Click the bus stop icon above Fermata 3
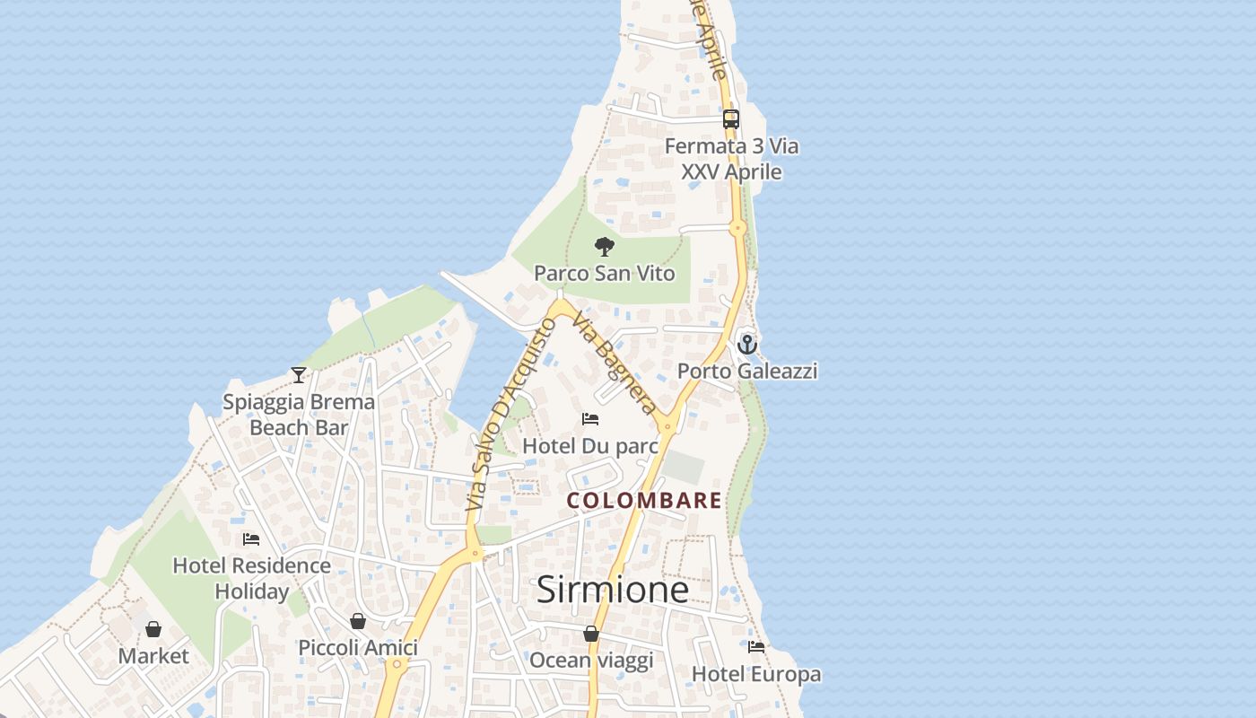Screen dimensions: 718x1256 tap(731, 118)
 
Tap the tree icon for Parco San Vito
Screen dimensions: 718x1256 tap(605, 246)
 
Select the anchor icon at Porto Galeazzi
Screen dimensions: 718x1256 tap(747, 344)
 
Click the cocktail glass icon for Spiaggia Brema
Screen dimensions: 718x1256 tap(299, 374)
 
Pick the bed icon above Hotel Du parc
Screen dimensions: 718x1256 tap(590, 419)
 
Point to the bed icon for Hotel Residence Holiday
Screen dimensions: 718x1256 tap(251, 539)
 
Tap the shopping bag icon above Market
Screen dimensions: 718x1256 tap(153, 629)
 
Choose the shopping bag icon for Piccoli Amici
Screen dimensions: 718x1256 tap(358, 621)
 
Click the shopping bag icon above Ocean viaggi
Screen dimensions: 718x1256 tap(591, 634)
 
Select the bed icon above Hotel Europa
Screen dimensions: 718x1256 tap(756, 647)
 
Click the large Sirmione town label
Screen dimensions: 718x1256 tap(613, 590)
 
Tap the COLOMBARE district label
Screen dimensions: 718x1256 tap(644, 501)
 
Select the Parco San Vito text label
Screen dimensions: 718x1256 tap(605, 273)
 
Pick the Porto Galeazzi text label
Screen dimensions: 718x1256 tap(747, 371)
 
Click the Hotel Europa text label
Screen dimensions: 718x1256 tap(756, 674)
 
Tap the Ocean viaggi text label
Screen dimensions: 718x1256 tap(591, 661)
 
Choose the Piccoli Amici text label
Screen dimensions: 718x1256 tap(358, 648)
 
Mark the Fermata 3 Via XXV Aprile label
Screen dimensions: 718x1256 tap(731, 159)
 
